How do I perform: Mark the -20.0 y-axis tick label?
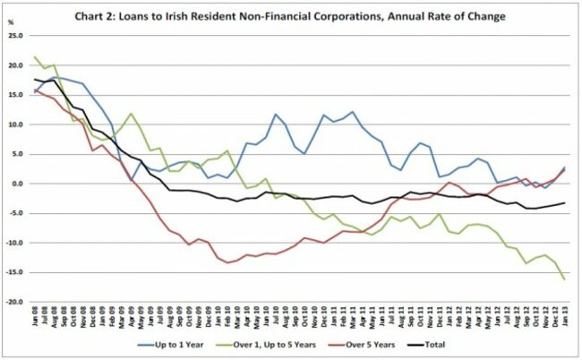[15, 302]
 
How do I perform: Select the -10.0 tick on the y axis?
[15, 243]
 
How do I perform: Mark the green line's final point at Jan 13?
[564, 279]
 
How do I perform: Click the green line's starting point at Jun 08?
[35, 57]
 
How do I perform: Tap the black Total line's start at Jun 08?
[35, 80]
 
